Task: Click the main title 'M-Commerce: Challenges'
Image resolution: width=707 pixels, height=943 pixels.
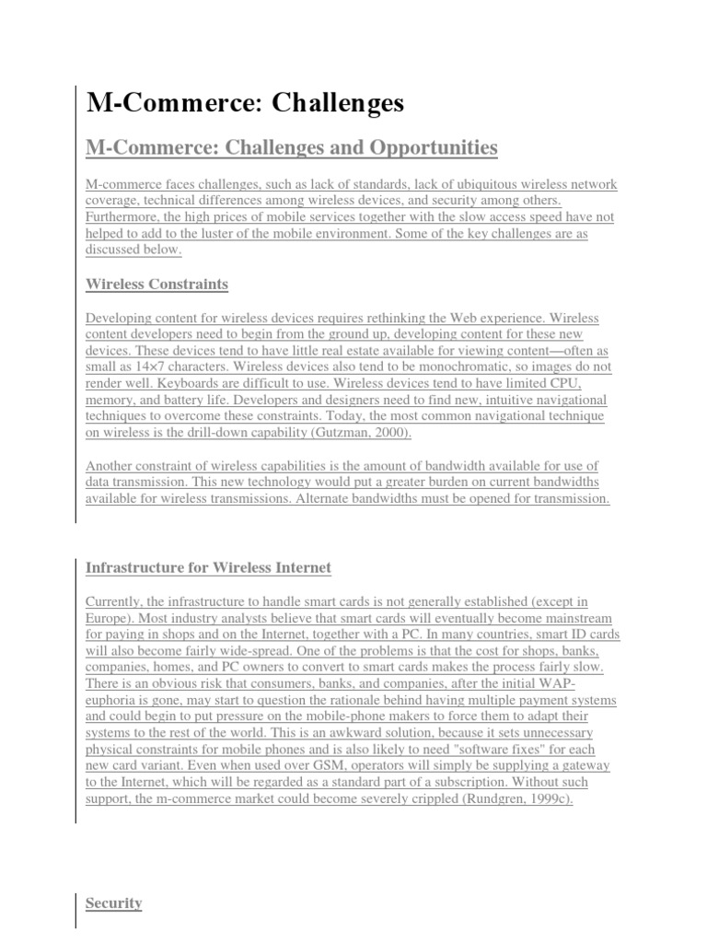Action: click(245, 104)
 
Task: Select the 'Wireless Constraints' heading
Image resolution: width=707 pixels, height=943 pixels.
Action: click(156, 284)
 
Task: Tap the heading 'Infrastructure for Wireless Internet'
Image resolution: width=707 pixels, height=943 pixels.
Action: click(208, 567)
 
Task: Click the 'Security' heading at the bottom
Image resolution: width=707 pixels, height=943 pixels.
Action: click(113, 903)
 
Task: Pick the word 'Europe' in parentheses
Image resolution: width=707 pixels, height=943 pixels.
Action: click(109, 618)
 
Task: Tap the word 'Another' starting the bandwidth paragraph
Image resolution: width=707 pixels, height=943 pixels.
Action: click(110, 466)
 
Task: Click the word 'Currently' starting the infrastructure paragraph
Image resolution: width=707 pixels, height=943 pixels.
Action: click(115, 601)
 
